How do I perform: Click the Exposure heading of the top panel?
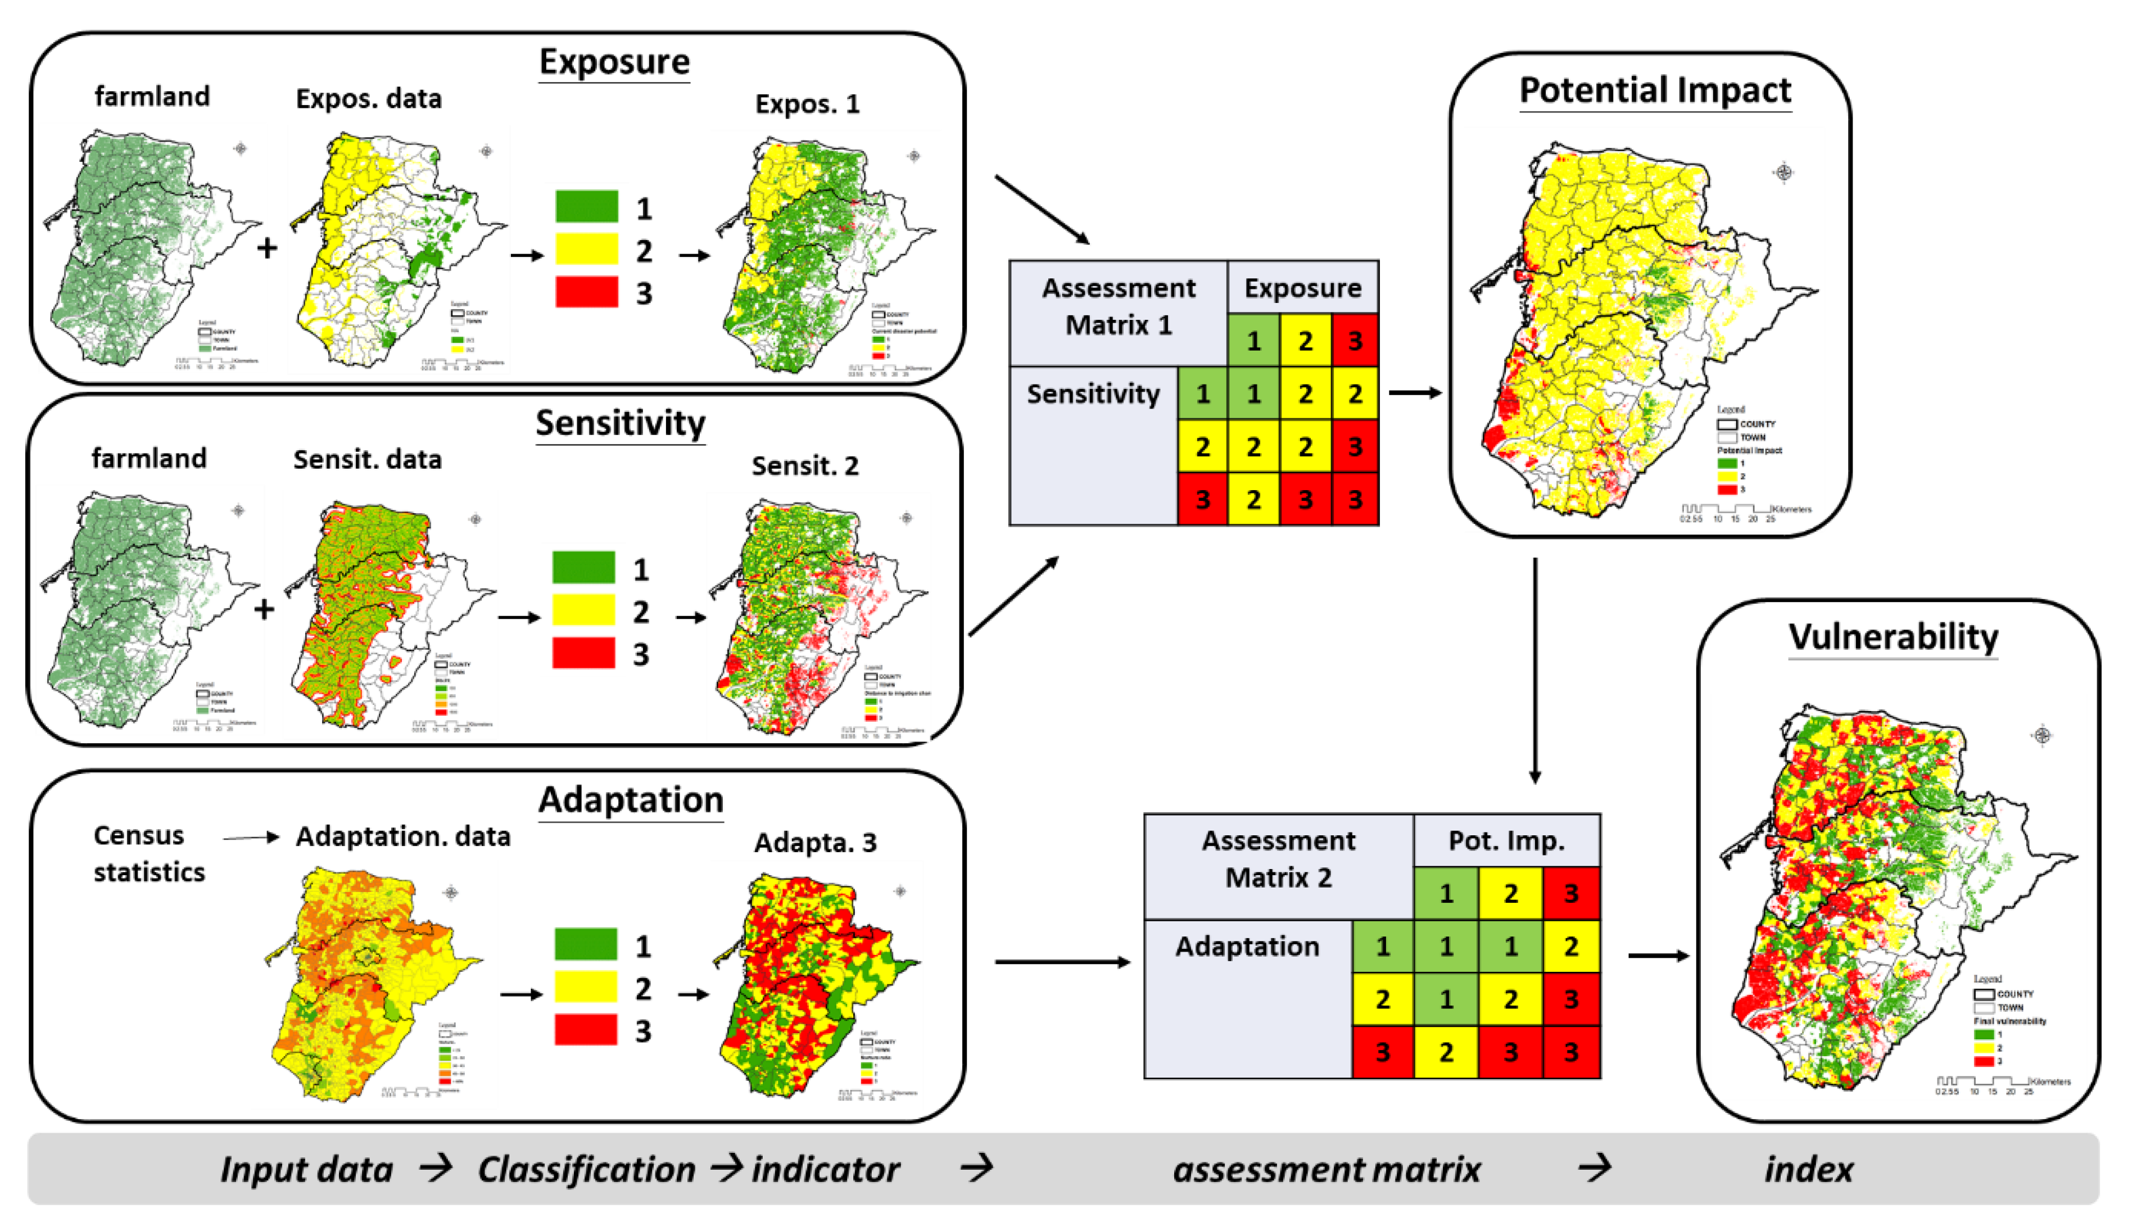click(614, 62)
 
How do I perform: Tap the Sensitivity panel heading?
click(621, 423)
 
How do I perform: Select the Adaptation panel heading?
click(631, 800)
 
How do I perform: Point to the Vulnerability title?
click(1892, 637)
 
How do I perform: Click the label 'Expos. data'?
click(369, 99)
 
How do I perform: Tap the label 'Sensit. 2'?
click(805, 466)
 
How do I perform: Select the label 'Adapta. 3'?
click(815, 843)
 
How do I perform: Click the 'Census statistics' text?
click(149, 853)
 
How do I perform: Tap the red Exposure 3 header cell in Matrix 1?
click(1354, 341)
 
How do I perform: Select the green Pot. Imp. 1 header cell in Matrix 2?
click(1446, 893)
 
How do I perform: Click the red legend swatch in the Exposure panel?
click(587, 292)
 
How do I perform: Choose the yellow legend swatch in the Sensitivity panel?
click(583, 610)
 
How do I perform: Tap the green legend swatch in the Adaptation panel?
click(586, 944)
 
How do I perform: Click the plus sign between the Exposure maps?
click(267, 248)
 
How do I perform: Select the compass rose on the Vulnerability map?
click(2041, 736)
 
